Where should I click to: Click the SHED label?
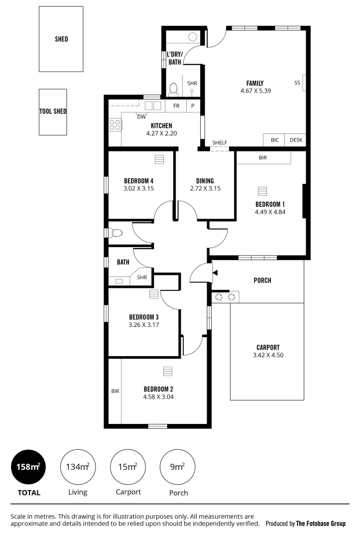tap(61, 39)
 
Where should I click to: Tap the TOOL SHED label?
tap(53, 112)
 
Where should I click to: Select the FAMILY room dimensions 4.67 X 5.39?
tap(255, 91)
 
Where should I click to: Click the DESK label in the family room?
tap(296, 140)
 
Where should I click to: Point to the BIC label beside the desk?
tap(274, 140)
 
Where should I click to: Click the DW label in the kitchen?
tap(141, 117)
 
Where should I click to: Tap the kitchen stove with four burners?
tap(115, 124)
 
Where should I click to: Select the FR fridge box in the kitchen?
tap(176, 106)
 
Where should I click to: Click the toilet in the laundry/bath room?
tap(173, 89)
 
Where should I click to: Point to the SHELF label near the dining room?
tap(220, 143)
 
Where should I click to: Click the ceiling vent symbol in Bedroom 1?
tap(262, 191)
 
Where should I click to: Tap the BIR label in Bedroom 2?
tap(115, 391)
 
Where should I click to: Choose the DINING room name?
tap(205, 181)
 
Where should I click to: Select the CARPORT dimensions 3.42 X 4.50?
tap(268, 355)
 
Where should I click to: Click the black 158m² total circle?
tap(28, 467)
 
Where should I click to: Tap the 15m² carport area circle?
tap(128, 467)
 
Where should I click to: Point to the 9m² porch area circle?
tap(178, 467)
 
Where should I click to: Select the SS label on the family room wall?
tap(297, 83)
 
